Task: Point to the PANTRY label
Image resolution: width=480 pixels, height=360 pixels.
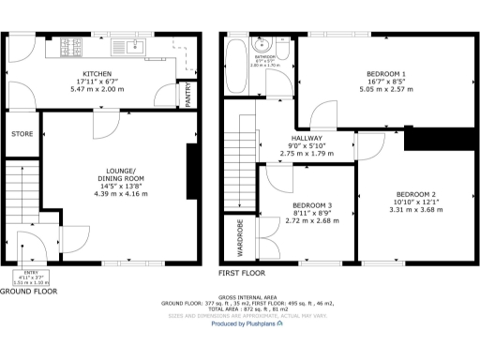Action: pos(188,96)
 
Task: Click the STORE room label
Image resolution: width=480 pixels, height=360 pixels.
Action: pos(22,134)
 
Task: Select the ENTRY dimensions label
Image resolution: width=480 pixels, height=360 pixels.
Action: pos(32,277)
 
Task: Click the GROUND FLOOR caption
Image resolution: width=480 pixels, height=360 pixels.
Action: pos(29,292)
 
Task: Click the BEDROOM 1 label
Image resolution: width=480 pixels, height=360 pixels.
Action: pos(385,73)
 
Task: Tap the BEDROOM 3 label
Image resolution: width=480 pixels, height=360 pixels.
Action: pos(310,205)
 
